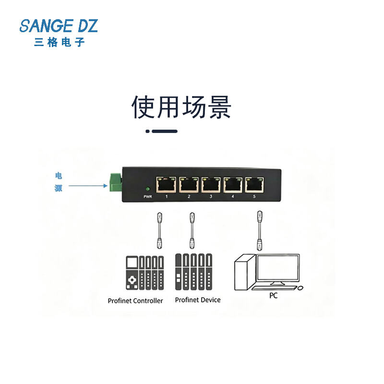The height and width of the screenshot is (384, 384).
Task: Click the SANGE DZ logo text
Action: point(59,26)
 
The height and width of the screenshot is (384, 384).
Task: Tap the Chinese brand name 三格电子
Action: point(60,42)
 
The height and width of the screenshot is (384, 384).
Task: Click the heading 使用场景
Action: point(181,107)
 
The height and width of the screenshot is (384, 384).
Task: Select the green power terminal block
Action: point(115,182)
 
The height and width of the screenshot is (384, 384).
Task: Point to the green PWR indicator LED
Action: point(148,189)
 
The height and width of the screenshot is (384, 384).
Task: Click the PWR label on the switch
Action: point(148,197)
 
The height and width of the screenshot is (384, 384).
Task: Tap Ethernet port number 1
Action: point(166,185)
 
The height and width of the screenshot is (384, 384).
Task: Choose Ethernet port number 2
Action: point(189,185)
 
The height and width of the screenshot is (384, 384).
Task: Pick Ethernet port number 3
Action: point(211,185)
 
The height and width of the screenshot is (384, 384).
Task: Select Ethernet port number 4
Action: point(233,185)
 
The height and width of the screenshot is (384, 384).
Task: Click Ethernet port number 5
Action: point(254,185)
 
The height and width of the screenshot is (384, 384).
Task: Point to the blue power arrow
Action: point(88,186)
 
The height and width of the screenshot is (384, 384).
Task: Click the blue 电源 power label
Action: point(59,182)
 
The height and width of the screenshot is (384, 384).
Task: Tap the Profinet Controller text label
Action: point(135,301)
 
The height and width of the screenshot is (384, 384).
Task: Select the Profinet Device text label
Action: point(198,300)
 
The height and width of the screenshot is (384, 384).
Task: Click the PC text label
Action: point(273,296)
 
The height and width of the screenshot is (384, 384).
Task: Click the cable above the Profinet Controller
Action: point(160,231)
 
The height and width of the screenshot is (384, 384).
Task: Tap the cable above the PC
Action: point(260,230)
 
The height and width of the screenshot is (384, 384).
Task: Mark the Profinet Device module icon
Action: point(194,272)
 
